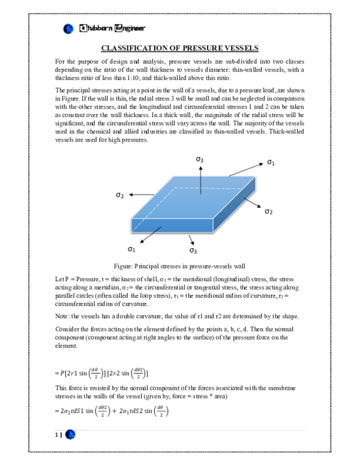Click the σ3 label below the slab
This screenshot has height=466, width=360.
193,249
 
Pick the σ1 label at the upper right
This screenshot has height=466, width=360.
271,162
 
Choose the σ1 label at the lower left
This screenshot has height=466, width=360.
131,248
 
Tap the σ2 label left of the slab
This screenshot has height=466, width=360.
120,195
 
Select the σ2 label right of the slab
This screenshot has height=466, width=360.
269,212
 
